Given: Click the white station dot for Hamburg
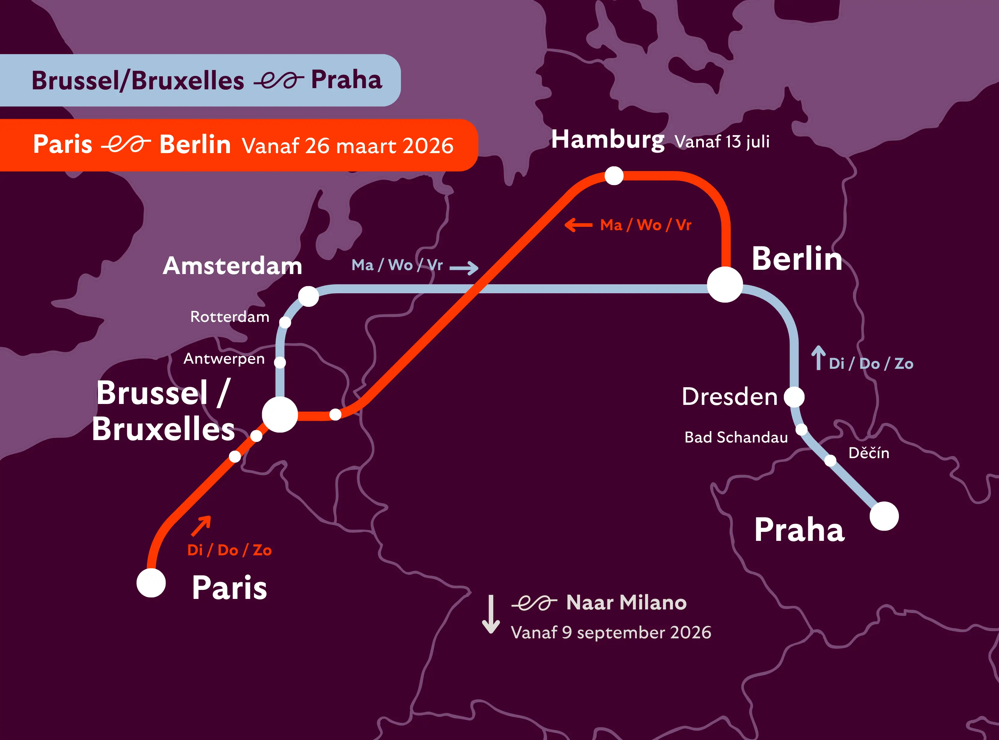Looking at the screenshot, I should click(614, 176).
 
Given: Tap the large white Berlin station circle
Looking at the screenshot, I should click(725, 285).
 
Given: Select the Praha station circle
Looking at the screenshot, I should click(884, 516).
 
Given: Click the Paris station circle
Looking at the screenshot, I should click(151, 583).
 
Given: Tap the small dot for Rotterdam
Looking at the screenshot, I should click(285, 322).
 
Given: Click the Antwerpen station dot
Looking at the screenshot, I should click(280, 362).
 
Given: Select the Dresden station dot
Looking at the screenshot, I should click(794, 397).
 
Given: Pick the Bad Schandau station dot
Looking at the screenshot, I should click(801, 430).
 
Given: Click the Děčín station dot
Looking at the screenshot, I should click(830, 460).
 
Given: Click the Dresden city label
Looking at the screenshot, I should click(729, 397).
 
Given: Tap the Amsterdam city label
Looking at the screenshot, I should click(232, 266).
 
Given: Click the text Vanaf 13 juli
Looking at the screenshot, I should click(722, 142).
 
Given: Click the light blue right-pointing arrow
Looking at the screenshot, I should click(464, 268).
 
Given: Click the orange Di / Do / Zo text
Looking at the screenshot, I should click(229, 550).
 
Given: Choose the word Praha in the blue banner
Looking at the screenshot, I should click(347, 80).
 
